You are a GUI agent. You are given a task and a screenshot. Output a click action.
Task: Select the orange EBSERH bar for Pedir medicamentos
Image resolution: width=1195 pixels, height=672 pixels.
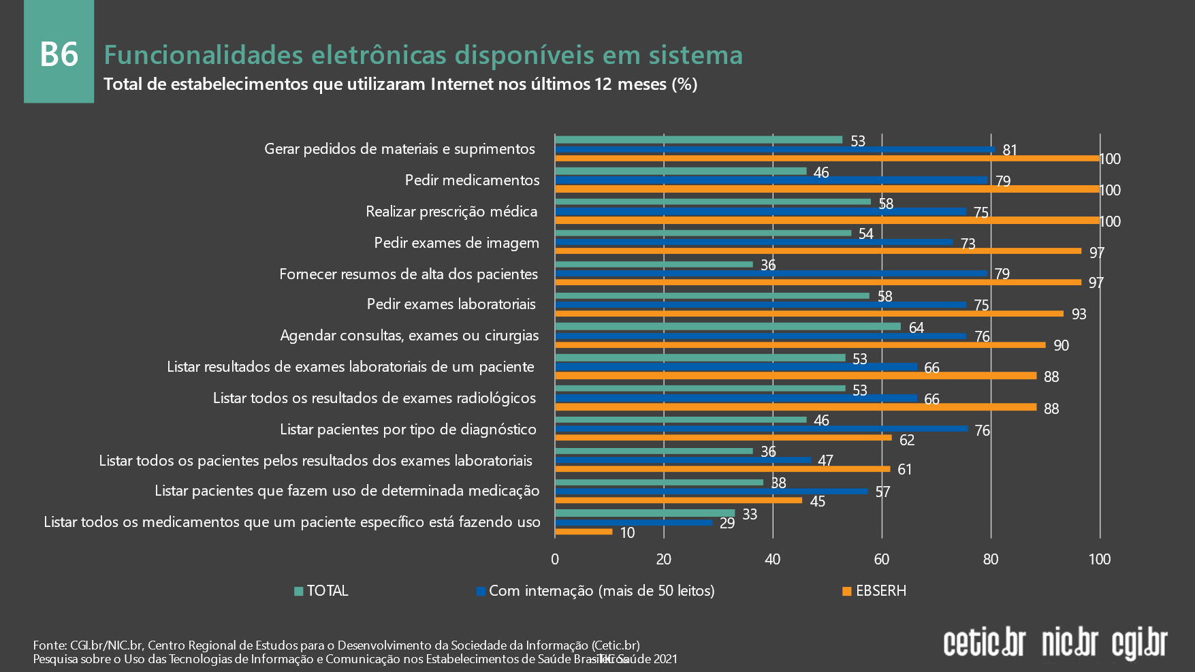[827, 189]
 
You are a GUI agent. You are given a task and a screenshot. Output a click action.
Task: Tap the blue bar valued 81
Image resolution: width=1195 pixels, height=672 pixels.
[774, 149]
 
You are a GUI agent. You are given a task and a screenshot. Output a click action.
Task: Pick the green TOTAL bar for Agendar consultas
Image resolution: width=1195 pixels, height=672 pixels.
[728, 327]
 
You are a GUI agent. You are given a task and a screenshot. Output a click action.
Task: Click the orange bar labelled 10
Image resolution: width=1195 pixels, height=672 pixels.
[584, 532]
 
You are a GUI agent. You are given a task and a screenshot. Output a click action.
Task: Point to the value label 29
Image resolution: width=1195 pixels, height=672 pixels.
[727, 523]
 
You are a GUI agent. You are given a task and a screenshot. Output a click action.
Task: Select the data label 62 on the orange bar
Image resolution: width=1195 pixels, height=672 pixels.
[907, 440]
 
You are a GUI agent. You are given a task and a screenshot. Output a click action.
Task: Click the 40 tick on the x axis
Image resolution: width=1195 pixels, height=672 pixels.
[773, 560]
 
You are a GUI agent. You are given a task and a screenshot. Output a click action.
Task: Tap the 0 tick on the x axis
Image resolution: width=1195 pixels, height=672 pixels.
[555, 560]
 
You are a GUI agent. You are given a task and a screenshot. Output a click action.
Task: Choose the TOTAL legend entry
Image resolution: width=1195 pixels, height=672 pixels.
[321, 591]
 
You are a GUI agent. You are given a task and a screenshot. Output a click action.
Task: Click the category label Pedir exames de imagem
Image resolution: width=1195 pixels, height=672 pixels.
[456, 243]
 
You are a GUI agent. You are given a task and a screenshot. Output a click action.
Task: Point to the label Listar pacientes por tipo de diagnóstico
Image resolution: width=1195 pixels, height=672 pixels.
[408, 430]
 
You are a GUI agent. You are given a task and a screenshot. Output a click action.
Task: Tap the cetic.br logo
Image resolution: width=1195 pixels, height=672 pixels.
[984, 642]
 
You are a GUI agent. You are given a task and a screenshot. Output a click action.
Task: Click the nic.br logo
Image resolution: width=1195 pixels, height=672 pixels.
[1070, 642]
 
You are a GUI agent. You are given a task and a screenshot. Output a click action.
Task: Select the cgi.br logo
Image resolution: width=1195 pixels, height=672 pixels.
[1140, 643]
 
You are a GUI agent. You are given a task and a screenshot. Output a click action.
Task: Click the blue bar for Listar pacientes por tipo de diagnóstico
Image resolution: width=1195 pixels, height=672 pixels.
[761, 429]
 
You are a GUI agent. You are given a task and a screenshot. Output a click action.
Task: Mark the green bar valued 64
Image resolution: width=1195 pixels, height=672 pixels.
[728, 327]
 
